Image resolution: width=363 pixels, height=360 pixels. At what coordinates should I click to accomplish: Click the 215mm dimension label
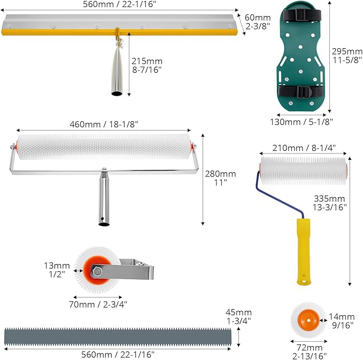coord(147,65)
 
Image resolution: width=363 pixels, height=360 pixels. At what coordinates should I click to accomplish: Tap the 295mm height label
coord(347,56)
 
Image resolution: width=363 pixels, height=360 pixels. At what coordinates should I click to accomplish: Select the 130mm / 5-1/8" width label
coord(302,121)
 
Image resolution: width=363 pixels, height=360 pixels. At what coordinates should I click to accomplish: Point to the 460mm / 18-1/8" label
coord(104,125)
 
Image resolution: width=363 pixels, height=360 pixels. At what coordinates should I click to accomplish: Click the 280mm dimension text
coord(220,178)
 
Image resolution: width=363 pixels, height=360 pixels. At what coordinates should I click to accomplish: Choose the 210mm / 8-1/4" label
coord(304,148)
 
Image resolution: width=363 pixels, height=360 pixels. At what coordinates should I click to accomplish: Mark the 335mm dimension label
coord(330,203)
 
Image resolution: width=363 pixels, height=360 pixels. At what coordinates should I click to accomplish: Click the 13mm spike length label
coord(57,270)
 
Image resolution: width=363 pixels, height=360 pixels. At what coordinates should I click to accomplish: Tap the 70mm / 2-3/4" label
coord(98,304)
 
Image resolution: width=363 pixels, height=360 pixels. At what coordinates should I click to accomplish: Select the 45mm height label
coord(238,317)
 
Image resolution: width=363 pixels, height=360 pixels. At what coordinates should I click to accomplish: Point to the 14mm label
coord(342,321)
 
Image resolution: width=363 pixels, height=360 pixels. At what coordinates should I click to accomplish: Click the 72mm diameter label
coord(310,351)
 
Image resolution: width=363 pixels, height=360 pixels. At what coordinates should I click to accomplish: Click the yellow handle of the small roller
coord(304,251)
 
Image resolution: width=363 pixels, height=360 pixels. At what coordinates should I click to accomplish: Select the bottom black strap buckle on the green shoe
coord(303,92)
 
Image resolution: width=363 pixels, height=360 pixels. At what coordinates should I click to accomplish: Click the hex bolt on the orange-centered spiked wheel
coord(97,271)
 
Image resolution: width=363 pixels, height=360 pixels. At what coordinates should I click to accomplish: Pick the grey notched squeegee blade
coord(118,336)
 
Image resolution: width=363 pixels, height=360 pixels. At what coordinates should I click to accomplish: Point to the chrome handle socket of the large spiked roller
coord(104,197)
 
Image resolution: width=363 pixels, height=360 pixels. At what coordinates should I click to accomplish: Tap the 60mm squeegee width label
coord(258,22)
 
